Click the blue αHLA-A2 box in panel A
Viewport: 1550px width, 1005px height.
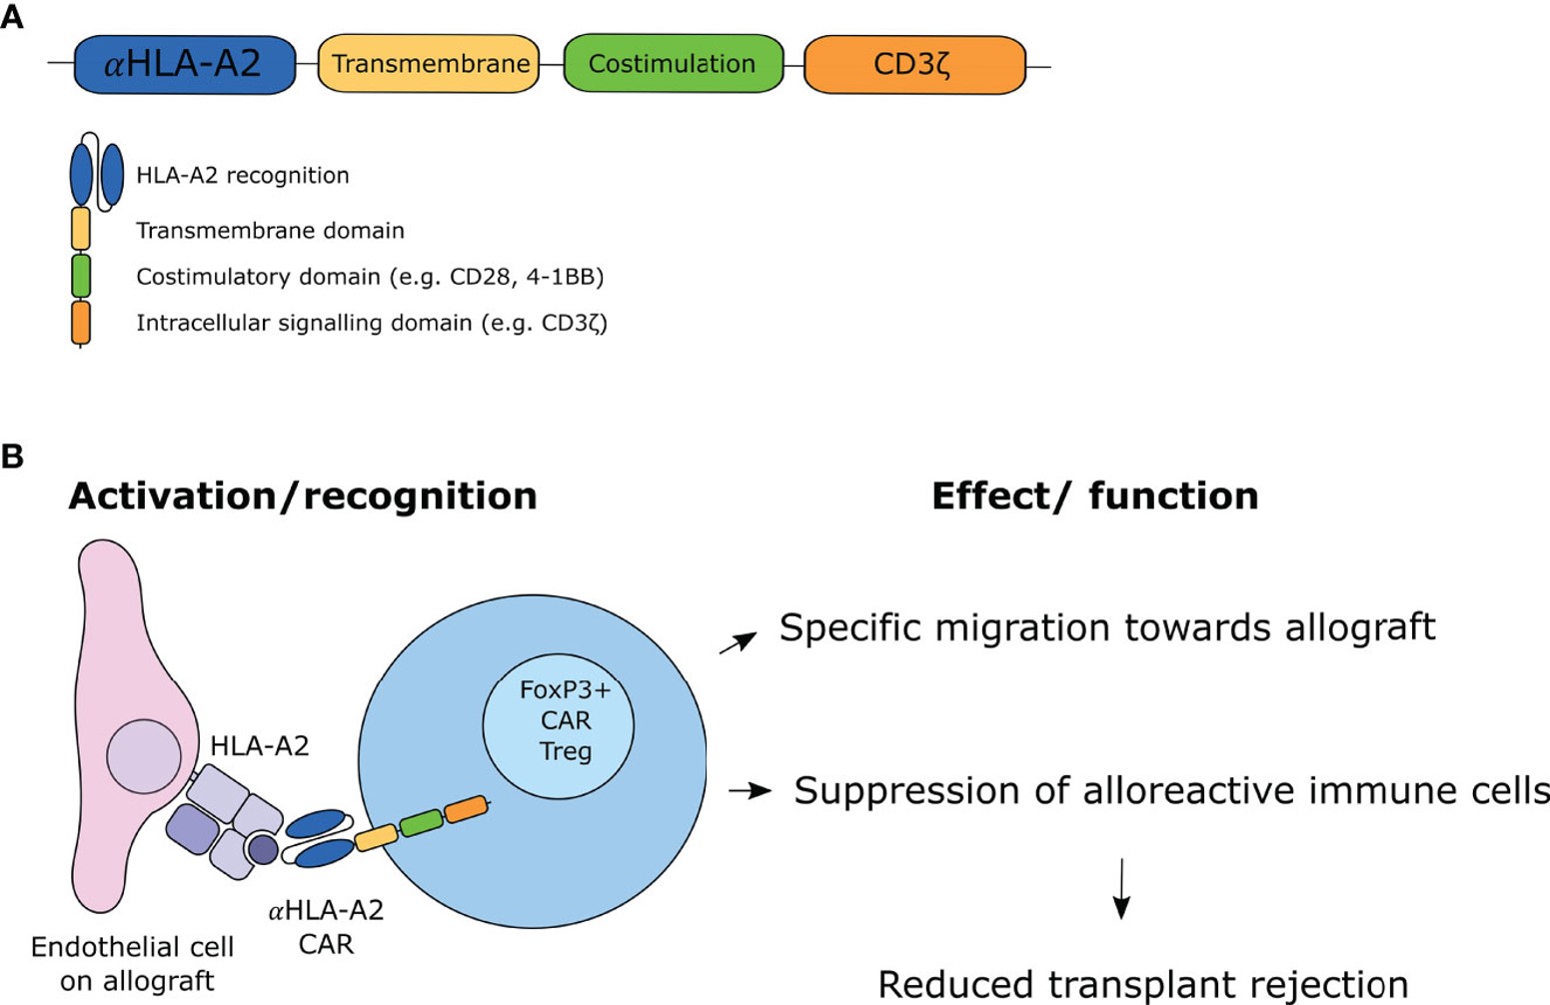(185, 65)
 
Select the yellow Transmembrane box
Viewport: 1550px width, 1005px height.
(429, 65)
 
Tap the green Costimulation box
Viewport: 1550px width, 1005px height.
(673, 64)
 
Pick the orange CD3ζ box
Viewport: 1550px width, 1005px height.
(914, 65)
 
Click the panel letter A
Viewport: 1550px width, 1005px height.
(12, 17)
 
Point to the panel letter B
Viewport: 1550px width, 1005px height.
(12, 457)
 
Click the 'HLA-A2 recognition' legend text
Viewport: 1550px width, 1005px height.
(243, 176)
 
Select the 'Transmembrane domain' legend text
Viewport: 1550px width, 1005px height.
(270, 231)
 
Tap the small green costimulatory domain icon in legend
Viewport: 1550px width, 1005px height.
(81, 276)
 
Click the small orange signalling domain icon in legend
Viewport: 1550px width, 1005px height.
(81, 323)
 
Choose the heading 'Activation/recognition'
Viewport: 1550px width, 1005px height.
(302, 496)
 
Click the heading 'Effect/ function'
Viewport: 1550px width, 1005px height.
(1094, 496)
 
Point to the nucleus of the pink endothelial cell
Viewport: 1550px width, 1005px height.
(144, 756)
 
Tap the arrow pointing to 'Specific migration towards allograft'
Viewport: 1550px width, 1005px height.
(738, 643)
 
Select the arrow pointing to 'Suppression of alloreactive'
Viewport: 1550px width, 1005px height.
(750, 791)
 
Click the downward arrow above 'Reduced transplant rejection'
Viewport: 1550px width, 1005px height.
(1121, 888)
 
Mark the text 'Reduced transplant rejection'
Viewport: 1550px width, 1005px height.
(1142, 984)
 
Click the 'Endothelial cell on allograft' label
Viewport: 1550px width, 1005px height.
(133, 964)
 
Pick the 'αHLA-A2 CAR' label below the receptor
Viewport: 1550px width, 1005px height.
(326, 927)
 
